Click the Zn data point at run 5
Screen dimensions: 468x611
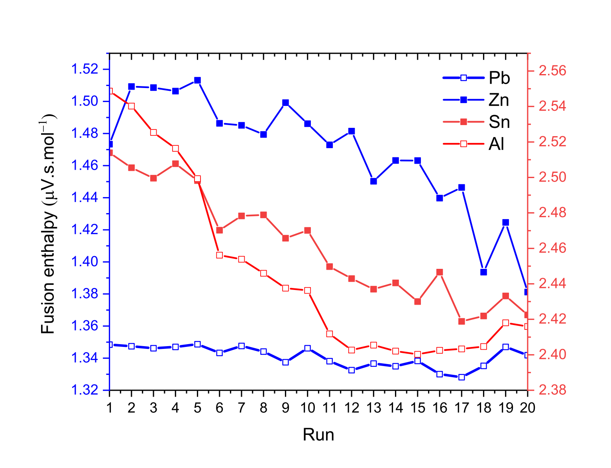197,80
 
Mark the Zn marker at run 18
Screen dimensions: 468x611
483,272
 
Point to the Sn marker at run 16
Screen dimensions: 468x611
440,272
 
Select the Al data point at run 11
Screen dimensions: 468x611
330,334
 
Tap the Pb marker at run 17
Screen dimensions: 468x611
462,377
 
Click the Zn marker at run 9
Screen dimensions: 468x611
285,103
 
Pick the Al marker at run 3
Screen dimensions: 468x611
153,132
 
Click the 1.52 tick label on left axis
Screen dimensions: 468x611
84,69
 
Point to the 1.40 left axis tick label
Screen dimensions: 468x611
84,262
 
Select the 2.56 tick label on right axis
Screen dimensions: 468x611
552,71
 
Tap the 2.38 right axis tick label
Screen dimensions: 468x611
552,390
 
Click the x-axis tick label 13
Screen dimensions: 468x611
373,408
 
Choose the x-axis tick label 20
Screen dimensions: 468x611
527,408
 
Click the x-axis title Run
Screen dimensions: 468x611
318,435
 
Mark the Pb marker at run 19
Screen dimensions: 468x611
505,347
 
